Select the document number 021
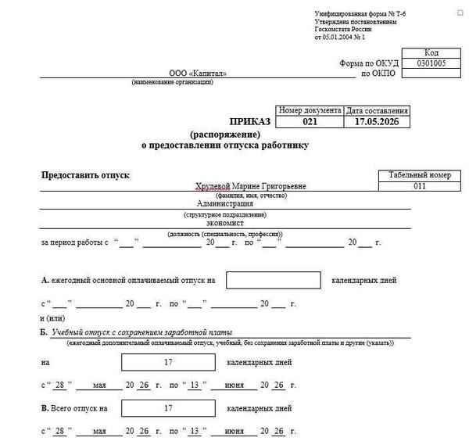310,123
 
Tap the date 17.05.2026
377,123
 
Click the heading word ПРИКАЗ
249,123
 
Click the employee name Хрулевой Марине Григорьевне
251,186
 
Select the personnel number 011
420,186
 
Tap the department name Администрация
225,203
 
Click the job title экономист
225,221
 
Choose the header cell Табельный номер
420,175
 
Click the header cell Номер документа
310,111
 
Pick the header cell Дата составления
377,111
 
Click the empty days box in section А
273,280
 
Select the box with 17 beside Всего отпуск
168,408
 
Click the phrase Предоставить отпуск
85,174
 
